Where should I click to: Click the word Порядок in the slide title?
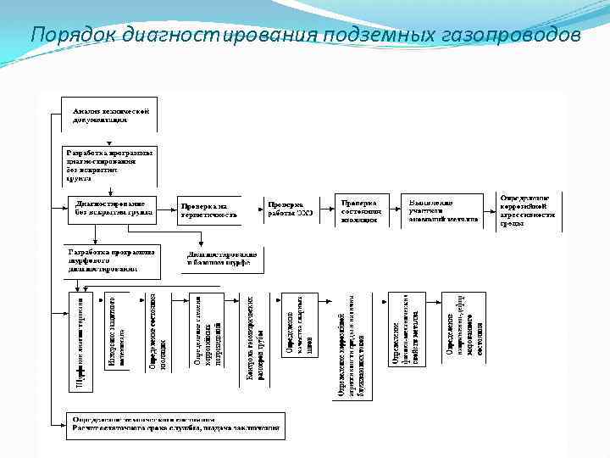(74, 35)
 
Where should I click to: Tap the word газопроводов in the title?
(514, 35)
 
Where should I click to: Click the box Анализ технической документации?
(109, 116)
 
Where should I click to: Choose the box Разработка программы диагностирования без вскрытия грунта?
(109, 166)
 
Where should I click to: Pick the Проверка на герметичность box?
(208, 210)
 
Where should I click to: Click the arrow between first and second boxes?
(109, 140)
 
